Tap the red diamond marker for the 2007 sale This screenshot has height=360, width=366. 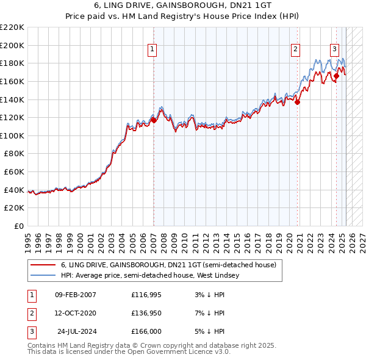(x=154, y=120)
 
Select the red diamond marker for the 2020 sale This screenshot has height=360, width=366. (x=298, y=102)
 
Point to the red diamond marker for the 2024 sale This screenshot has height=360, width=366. (x=336, y=76)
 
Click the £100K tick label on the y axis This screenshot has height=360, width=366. (x=13, y=135)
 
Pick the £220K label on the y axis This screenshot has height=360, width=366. (x=13, y=27)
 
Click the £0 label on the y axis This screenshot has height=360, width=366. (x=18, y=226)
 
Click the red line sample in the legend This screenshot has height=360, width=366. (x=43, y=265)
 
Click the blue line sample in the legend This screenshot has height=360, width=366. (x=43, y=275)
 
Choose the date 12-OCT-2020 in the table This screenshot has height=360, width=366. (x=76, y=313)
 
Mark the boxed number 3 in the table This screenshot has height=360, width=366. (x=30, y=331)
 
